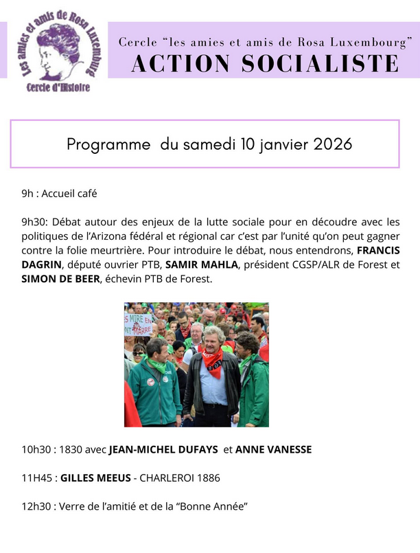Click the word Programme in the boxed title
tap(108, 145)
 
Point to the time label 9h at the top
tap(27, 194)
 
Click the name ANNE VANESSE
tap(273, 450)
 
